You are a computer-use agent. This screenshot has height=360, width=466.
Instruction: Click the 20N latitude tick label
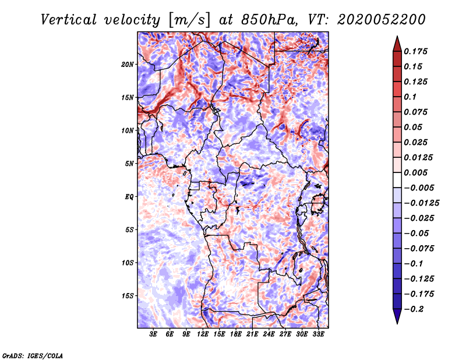(127, 64)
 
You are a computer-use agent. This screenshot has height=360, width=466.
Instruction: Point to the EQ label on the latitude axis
(129, 196)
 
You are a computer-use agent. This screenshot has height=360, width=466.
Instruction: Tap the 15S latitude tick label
(127, 296)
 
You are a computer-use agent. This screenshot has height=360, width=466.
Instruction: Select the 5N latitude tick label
(129, 164)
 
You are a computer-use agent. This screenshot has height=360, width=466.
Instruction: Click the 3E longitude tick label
(153, 334)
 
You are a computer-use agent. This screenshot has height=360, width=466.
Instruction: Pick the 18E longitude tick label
(236, 334)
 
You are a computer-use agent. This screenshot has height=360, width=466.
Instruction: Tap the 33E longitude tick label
(318, 334)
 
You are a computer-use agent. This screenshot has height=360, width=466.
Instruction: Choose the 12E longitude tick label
(203, 334)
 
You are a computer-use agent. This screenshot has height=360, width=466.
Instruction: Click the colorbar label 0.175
(415, 51)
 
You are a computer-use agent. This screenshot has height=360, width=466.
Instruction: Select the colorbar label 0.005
(415, 172)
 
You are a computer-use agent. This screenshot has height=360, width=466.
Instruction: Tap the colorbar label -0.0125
(421, 203)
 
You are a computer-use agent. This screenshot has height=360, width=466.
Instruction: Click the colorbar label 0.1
(410, 97)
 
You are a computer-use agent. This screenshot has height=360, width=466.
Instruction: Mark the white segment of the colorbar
(397, 180)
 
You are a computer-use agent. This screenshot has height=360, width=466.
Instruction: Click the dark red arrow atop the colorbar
(397, 44)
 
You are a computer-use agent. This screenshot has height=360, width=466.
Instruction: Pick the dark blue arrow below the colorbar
(397, 316)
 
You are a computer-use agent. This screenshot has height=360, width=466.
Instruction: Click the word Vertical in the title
(69, 20)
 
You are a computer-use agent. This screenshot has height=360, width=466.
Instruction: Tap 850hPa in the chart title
(269, 20)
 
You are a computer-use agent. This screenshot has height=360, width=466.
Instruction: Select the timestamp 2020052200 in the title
(382, 20)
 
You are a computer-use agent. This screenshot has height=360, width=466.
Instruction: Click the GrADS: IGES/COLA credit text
(33, 356)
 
